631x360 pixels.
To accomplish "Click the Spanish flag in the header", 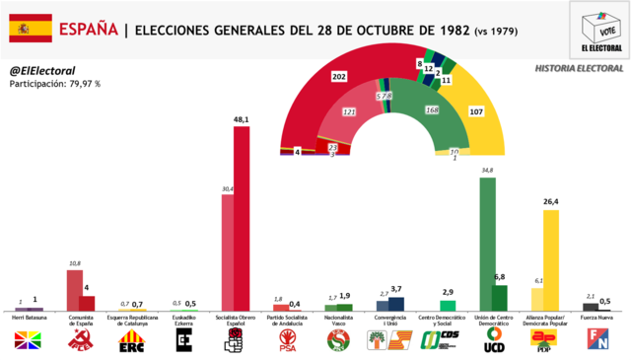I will coord(31,29).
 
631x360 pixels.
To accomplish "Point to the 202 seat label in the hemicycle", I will coord(339,77).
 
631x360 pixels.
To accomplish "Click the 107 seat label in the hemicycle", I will coord(476,111).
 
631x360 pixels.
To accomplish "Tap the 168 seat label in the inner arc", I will coord(431,109).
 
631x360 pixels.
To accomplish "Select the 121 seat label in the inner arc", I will coord(348,111).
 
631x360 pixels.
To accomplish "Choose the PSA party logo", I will coord(287,341).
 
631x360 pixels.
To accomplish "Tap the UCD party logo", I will coord(493,341).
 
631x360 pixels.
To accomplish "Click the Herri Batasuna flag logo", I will coord(30,341).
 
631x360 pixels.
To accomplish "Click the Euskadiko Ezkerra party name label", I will coord(183,322).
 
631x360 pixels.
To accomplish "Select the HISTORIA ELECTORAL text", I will coord(579,68).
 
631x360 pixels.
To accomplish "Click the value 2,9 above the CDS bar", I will coord(448,293).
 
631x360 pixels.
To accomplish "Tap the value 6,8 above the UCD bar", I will coord(499,277).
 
